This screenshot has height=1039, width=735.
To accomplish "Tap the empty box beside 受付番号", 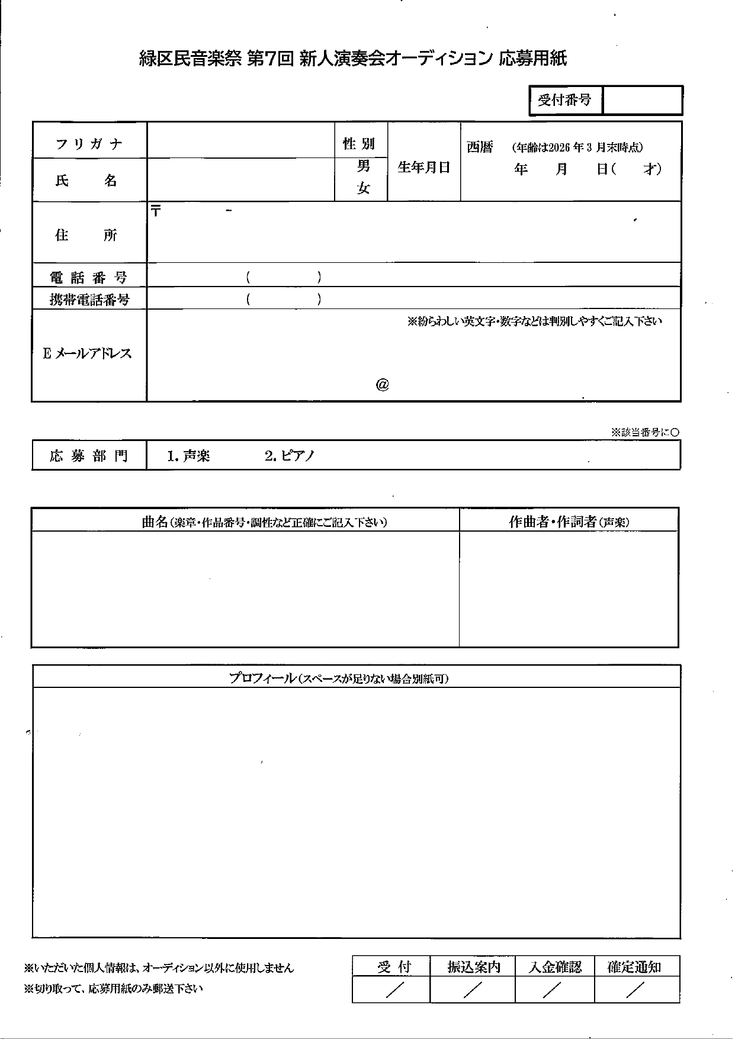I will tap(642, 100).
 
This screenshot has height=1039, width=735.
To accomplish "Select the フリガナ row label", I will tap(89, 144).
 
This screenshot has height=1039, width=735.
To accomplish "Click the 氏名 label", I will tap(86, 181).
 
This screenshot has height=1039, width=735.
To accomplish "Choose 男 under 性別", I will tap(363, 166).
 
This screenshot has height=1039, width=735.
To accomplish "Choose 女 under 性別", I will tap(363, 188).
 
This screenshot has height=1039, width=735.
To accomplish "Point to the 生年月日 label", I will tap(424, 167).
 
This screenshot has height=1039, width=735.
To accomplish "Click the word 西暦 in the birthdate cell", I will tap(480, 147).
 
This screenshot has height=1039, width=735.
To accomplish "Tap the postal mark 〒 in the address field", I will tap(156, 211).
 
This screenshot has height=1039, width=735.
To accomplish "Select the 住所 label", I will tap(86, 235).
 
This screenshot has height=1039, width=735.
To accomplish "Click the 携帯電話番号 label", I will tap(89, 300).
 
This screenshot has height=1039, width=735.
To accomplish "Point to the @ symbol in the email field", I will tap(382, 385).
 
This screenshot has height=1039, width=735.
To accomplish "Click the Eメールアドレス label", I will tap(88, 354).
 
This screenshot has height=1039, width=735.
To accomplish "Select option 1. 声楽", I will tap(189, 456).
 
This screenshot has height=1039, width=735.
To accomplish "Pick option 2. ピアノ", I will tap(290, 456).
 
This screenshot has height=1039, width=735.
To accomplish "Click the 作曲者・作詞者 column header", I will tap(569, 522).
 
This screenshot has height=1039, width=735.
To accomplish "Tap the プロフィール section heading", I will tap(339, 678).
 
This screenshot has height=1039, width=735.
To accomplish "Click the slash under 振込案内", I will tap(473, 989).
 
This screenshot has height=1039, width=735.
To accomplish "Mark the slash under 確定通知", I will tap(635, 989).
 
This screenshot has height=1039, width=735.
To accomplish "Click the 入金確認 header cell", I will tap(555, 967).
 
